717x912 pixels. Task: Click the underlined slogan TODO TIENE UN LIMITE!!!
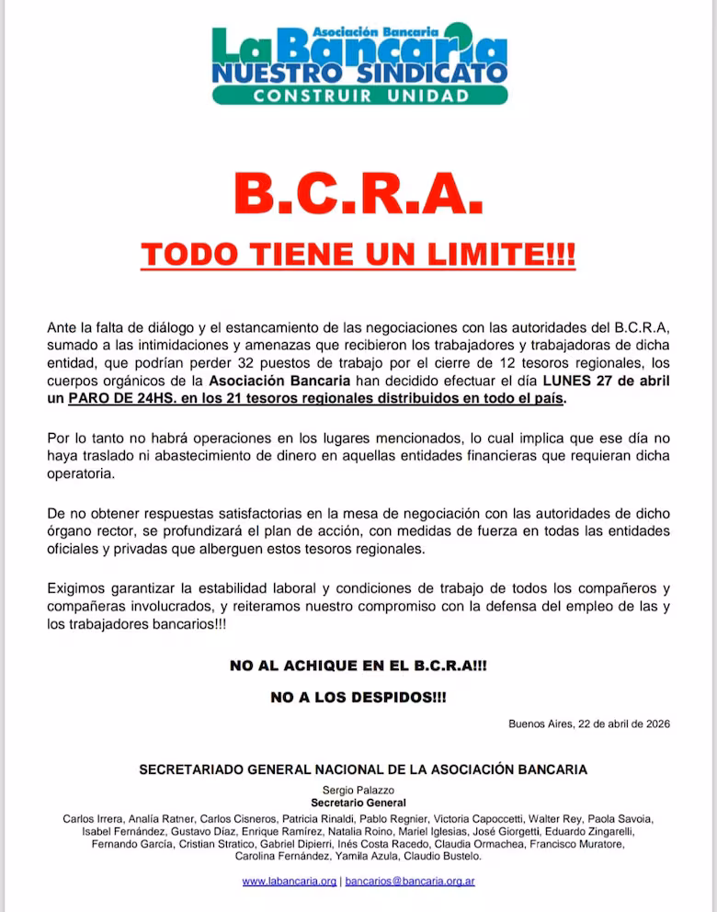click(358, 254)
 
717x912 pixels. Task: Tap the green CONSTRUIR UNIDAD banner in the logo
click(359, 95)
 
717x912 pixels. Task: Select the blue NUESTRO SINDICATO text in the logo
click(359, 72)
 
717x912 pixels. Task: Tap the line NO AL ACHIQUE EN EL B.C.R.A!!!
click(358, 666)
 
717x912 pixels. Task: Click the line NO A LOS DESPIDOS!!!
click(358, 698)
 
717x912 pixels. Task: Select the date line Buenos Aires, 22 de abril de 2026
click(589, 724)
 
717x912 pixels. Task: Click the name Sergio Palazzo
click(358, 790)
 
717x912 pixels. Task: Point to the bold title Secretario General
click(358, 803)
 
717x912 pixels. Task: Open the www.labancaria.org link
click(289, 881)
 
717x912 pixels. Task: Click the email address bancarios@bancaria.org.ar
click(410, 881)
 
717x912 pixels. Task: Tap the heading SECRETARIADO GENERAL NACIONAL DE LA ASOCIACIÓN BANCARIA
click(362, 769)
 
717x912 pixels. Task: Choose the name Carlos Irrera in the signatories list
click(93, 818)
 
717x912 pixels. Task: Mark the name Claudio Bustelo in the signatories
click(441, 856)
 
